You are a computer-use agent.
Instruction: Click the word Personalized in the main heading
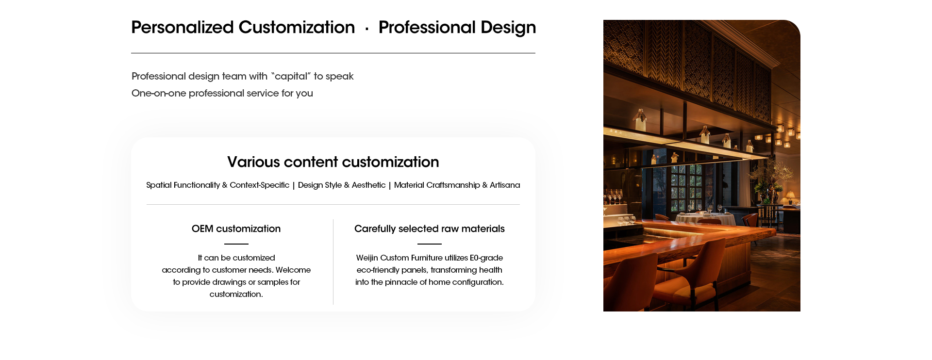pyautogui.click(x=183, y=27)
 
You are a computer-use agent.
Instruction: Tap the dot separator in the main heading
pyautogui.click(x=366, y=29)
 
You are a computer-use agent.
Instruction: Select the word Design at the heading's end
pyautogui.click(x=508, y=28)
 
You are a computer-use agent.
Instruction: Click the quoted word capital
pyautogui.click(x=291, y=76)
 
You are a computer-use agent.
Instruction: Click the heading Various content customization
pyautogui.click(x=333, y=162)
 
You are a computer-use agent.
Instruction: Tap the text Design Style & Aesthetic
pyautogui.click(x=342, y=185)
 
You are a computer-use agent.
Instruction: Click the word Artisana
pyautogui.click(x=505, y=185)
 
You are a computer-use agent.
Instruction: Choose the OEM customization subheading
pyautogui.click(x=236, y=229)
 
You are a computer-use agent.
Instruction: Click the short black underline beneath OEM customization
pyautogui.click(x=236, y=244)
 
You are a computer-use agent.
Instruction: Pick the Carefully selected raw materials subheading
pyautogui.click(x=430, y=229)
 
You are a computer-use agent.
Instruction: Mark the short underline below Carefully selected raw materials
pyautogui.click(x=430, y=244)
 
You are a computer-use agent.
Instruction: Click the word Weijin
pyautogui.click(x=367, y=258)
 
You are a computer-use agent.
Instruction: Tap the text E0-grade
pyautogui.click(x=486, y=258)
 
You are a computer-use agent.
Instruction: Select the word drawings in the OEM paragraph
pyautogui.click(x=230, y=282)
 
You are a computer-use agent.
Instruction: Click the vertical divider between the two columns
pyautogui.click(x=333, y=262)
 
